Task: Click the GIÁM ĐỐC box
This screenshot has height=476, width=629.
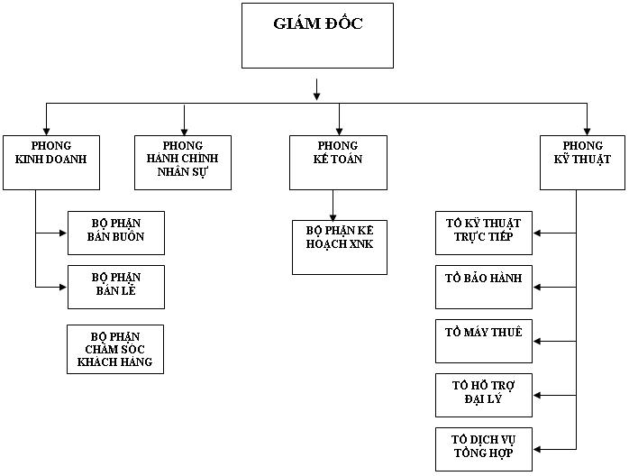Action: tap(317, 36)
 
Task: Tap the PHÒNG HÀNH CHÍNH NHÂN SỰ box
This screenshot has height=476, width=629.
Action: tap(183, 162)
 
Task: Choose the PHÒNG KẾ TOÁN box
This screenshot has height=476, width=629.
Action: tap(338, 162)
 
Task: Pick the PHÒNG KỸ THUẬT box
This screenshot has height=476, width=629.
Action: tap(582, 162)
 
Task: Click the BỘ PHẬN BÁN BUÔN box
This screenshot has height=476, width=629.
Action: tap(116, 233)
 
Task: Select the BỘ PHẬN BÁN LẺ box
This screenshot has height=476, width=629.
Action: tap(116, 287)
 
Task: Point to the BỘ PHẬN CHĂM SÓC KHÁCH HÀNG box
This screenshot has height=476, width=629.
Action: tap(115, 349)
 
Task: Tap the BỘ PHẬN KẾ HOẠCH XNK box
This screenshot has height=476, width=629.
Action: tap(339, 246)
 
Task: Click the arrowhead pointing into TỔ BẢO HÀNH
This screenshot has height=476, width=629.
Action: tap(538, 288)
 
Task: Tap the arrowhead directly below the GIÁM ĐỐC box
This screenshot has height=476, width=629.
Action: tap(317, 93)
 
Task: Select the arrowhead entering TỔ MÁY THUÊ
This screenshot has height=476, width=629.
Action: tap(538, 342)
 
